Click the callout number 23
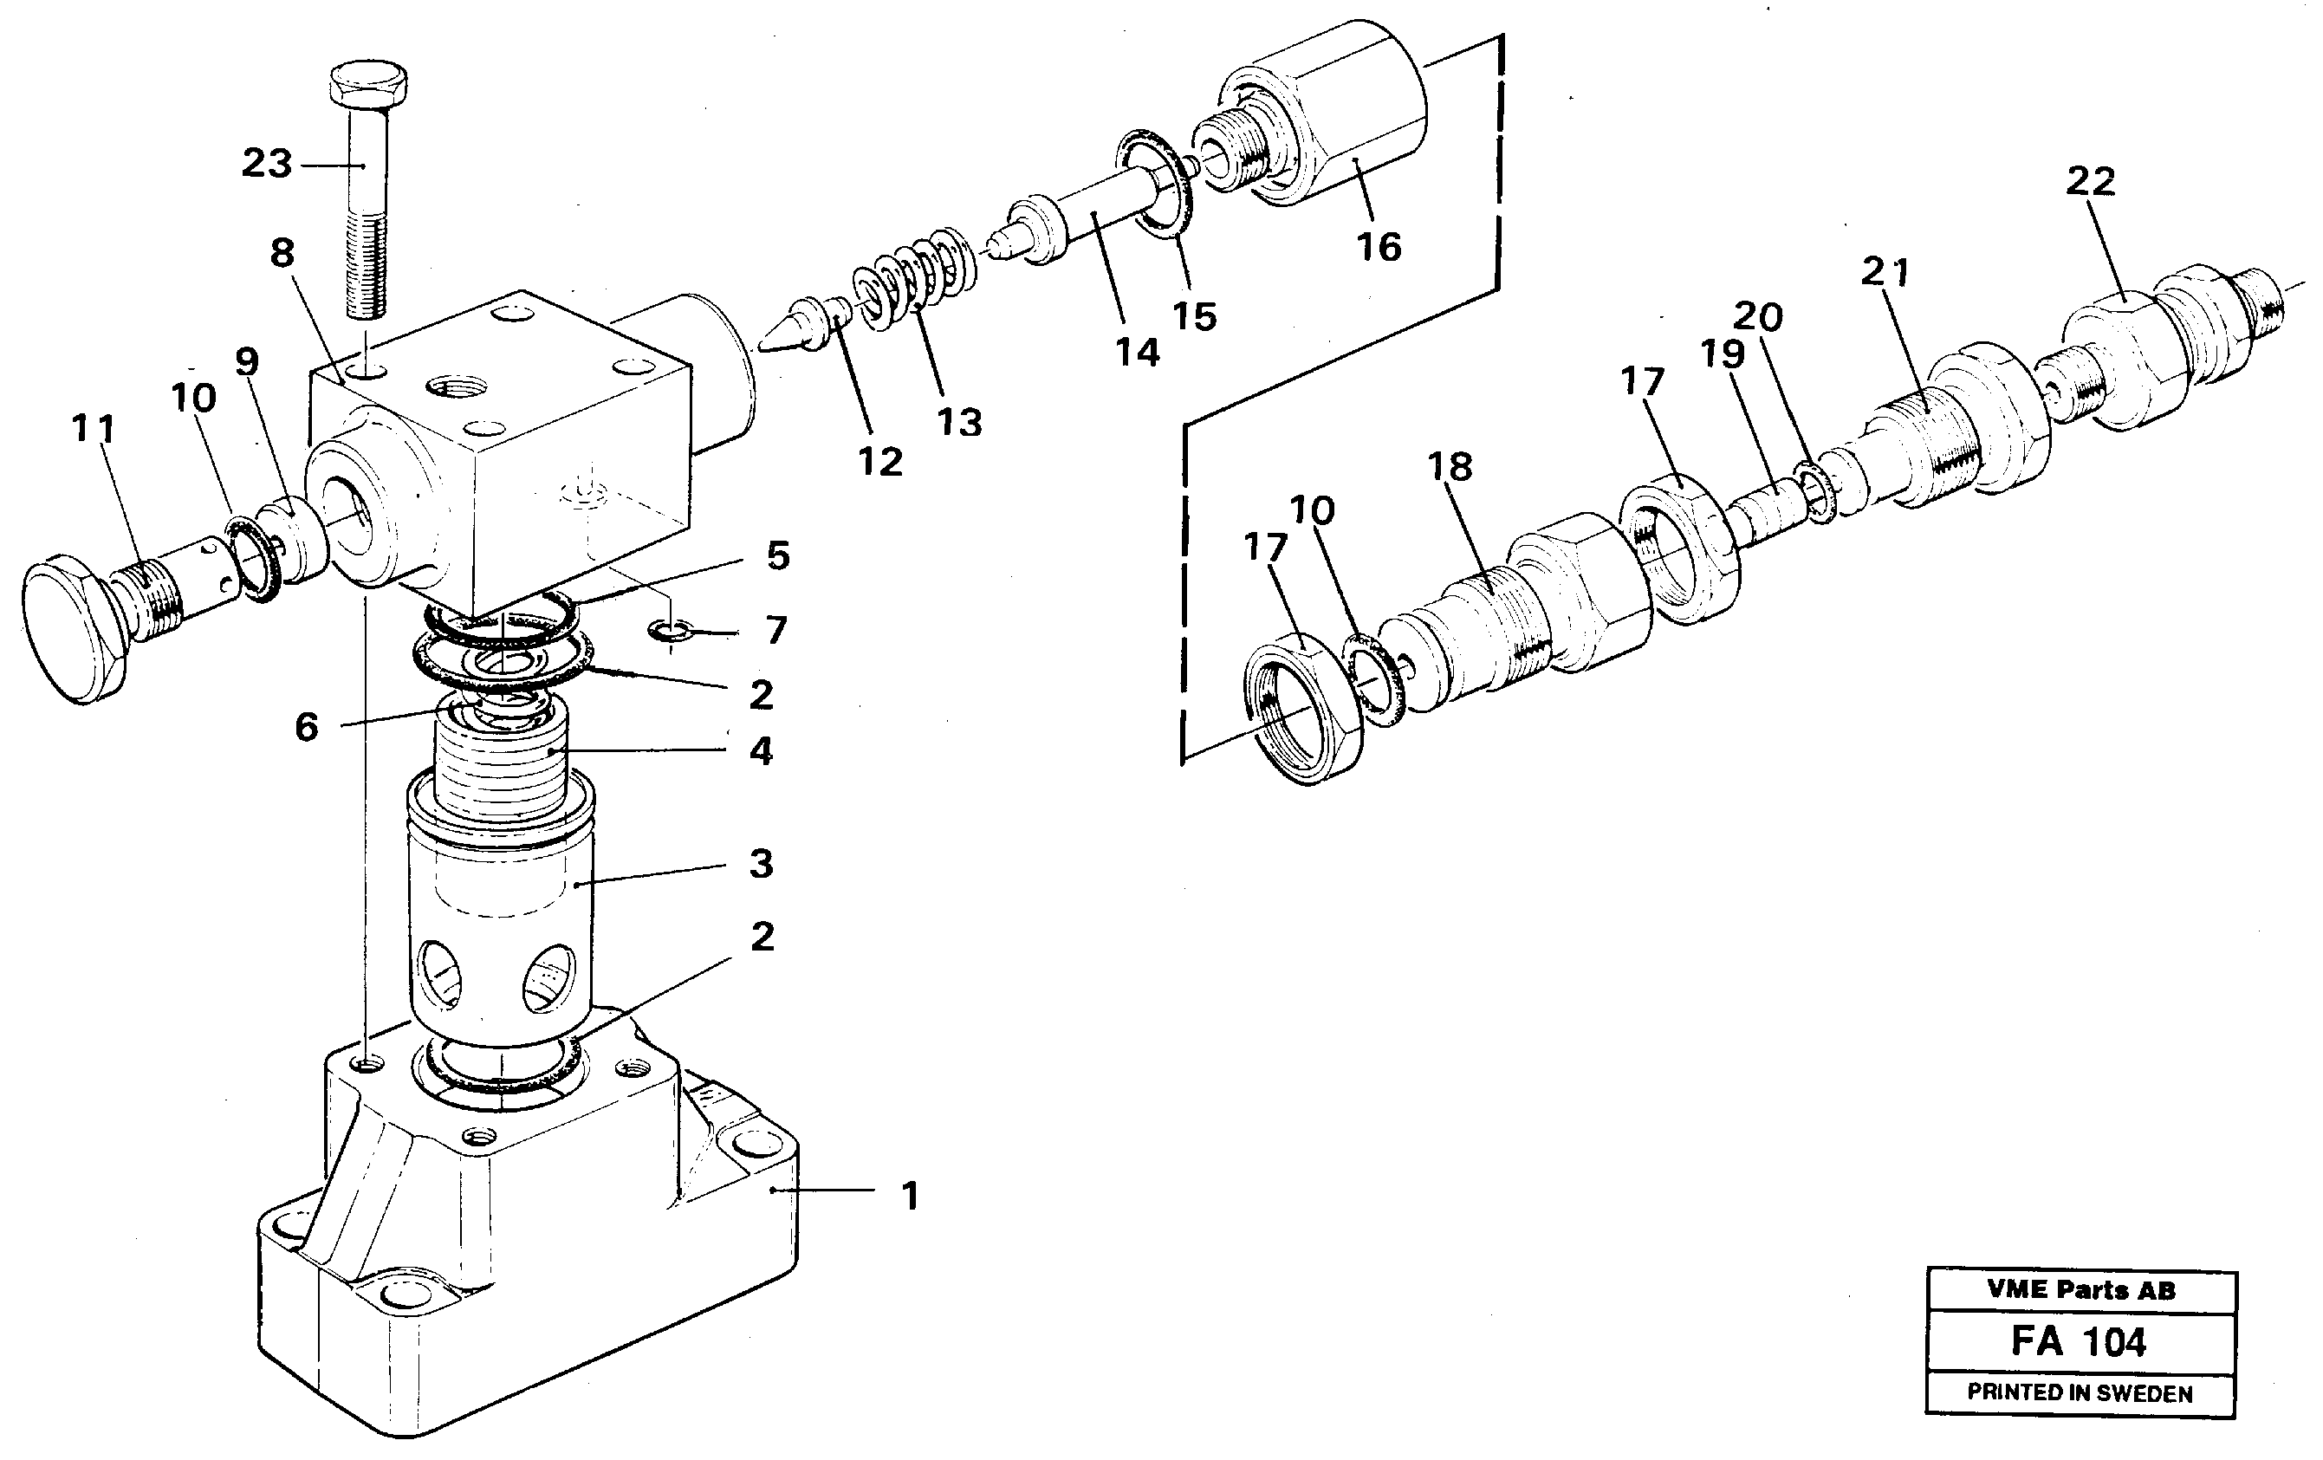click(266, 164)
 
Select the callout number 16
click(1379, 248)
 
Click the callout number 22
click(2090, 181)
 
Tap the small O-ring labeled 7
click(672, 632)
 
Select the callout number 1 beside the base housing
click(910, 1197)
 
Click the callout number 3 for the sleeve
click(761, 864)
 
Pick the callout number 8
click(282, 253)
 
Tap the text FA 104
click(2079, 1342)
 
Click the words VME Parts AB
click(2081, 1290)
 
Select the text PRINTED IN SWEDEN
click(2080, 1392)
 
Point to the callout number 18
click(1449, 467)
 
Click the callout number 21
click(1884, 272)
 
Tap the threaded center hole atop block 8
click(457, 388)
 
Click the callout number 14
click(1138, 354)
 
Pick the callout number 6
click(306, 727)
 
